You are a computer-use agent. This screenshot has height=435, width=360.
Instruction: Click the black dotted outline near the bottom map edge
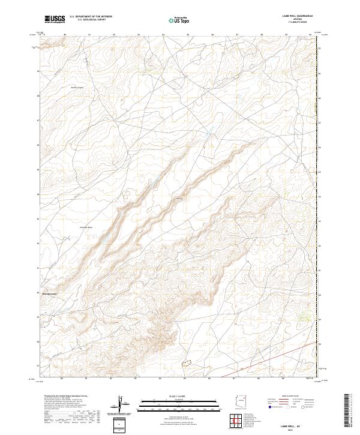(x=187, y=363)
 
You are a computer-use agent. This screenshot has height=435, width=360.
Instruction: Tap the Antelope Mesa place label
(x=86, y=227)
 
